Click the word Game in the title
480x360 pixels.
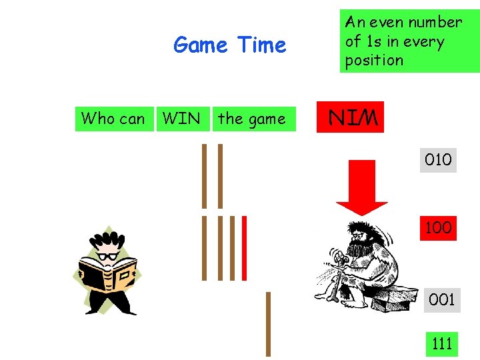point(199,45)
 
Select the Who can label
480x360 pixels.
point(113,119)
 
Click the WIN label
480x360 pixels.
point(181,119)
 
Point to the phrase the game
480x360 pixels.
point(251,119)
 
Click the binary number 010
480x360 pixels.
point(438,160)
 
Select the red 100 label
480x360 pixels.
point(438,227)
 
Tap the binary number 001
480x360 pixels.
point(441,300)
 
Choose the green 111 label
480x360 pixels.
point(442,343)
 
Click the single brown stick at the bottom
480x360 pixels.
point(268,324)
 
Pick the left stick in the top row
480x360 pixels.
point(205,176)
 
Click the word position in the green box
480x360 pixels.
point(374,60)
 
